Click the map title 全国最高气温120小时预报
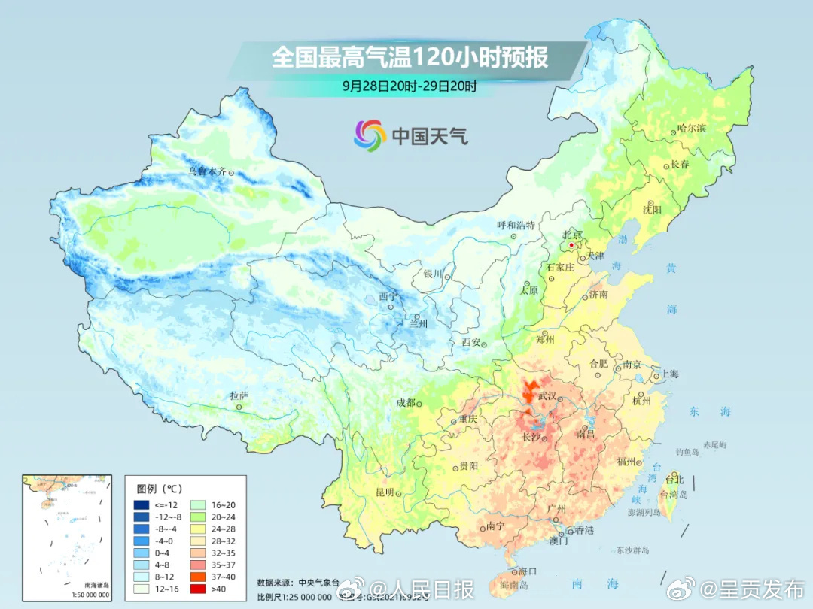point(410,58)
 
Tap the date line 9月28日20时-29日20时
point(410,86)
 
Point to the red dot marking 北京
point(572,245)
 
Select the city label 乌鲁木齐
point(206,171)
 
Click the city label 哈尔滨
point(692,129)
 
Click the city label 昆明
point(385,492)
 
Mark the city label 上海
point(669,374)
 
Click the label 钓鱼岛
point(688,451)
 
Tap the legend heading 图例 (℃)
point(160,488)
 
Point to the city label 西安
point(470,342)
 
